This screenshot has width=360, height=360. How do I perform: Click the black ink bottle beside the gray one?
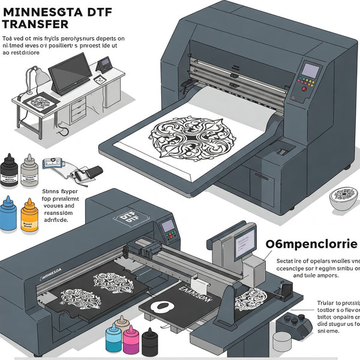tap(8, 169)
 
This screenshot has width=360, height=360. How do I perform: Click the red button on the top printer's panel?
tap(304, 89)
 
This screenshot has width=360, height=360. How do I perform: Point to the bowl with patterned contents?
tap(344, 199)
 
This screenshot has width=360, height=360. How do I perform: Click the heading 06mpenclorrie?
tap(311, 244)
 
